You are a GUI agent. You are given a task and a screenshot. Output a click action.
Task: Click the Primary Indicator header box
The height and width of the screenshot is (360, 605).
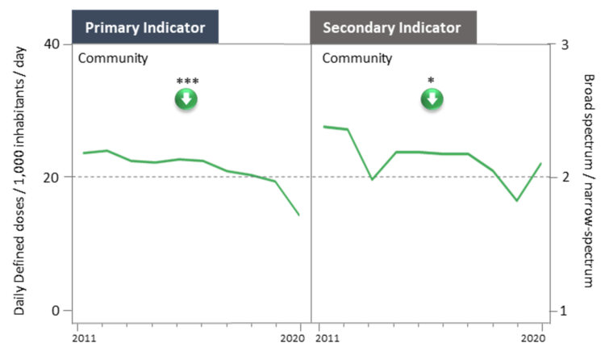[x=145, y=27]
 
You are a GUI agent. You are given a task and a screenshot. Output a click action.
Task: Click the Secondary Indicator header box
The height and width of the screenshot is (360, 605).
[x=393, y=27]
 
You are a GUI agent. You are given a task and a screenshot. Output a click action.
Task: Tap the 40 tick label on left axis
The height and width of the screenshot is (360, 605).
[x=52, y=44]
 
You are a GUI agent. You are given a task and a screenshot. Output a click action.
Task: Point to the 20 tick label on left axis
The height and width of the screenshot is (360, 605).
[x=52, y=178]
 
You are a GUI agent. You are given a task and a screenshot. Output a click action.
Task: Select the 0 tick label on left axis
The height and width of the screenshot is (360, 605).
[x=56, y=310]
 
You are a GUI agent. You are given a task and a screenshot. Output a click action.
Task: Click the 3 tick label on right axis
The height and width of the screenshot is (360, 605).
[x=565, y=45]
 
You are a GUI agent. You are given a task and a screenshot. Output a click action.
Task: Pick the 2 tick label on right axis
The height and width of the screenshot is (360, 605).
[x=565, y=177]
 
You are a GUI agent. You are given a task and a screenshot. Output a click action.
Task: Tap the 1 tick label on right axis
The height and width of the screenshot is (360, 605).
[x=564, y=311]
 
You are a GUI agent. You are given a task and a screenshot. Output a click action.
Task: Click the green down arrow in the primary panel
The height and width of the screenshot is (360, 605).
[x=186, y=99]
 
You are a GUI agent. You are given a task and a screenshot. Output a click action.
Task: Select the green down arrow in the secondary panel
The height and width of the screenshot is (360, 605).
[x=432, y=99]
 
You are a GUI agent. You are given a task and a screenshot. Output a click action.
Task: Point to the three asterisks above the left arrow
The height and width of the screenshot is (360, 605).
[x=187, y=81]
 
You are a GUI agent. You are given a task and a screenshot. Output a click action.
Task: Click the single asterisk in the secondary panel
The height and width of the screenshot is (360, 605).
[x=431, y=81]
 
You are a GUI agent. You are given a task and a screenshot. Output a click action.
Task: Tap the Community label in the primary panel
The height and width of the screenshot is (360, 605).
[x=113, y=58]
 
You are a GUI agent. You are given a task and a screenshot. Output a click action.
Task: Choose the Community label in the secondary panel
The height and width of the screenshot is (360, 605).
[x=357, y=58]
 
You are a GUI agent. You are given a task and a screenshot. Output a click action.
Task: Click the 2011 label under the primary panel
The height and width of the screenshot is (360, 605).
[x=84, y=339]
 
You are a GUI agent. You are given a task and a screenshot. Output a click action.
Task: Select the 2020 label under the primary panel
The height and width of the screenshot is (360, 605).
[x=293, y=339]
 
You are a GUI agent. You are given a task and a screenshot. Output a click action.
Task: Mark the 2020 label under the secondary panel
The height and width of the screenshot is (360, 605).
[x=533, y=339]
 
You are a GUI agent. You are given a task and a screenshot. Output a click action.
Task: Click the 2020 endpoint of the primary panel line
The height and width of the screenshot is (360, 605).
[x=299, y=215]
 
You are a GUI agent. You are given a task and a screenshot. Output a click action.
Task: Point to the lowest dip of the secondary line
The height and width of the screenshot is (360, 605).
[x=516, y=200]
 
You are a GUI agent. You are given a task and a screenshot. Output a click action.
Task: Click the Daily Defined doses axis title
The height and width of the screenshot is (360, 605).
[x=19, y=181]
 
